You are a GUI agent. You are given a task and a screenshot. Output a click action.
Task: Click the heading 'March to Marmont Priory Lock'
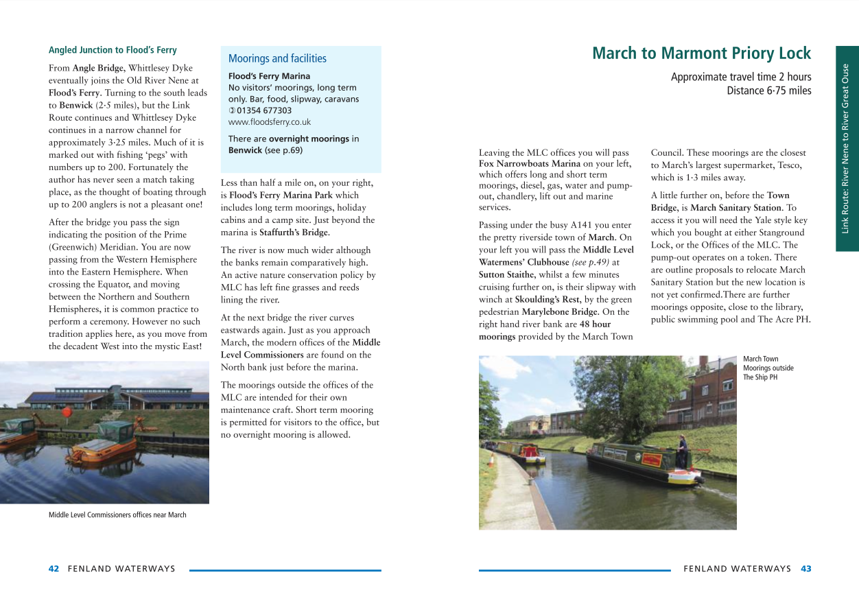701,54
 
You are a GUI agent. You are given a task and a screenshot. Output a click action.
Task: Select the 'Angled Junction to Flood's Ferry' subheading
113,50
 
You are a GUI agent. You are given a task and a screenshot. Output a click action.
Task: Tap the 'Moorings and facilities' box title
277,59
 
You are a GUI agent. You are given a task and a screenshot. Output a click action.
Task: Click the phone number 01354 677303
263,110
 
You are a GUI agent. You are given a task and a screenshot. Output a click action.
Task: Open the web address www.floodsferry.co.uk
269,122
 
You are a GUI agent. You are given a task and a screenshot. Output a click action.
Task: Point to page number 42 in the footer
54,569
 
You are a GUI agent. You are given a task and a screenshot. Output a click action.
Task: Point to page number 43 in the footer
806,569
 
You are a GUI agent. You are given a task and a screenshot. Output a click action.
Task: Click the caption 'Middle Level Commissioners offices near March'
117,515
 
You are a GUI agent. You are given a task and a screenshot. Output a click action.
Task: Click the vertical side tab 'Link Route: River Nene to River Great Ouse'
847,148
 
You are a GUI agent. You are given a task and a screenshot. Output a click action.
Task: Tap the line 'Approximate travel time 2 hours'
740,78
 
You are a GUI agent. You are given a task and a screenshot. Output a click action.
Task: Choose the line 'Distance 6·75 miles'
768,91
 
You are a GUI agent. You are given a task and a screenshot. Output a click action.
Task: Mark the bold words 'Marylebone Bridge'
559,312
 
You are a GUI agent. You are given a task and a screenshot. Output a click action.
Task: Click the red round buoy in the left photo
67,412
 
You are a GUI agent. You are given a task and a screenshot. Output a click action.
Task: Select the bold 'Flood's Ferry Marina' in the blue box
269,76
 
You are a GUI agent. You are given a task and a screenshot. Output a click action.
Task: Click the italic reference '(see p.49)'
591,263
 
